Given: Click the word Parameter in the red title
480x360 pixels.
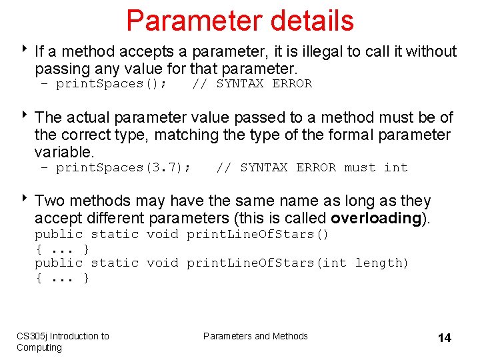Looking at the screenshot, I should [x=188, y=21].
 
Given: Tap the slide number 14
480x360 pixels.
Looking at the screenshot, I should [x=444, y=338].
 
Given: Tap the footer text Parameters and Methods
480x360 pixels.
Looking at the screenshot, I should [x=255, y=336].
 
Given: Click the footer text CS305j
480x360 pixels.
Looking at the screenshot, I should [x=32, y=336].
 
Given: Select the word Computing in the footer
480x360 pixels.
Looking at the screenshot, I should [x=39, y=347].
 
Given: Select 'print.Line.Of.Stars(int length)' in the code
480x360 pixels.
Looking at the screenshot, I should [x=297, y=263].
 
